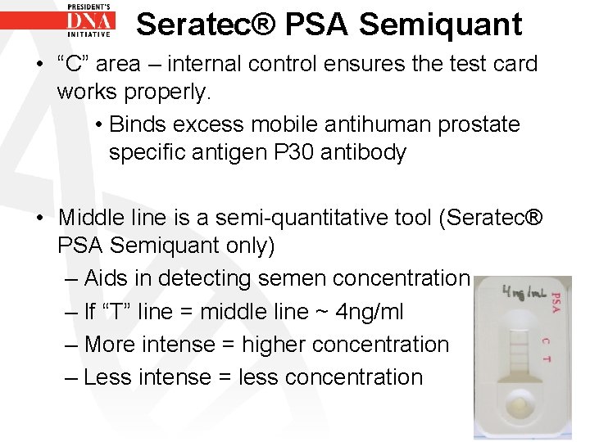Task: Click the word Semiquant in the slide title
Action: tap(440, 25)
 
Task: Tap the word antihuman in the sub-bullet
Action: tap(378, 124)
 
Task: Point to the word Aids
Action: tap(109, 278)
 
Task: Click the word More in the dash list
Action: tap(110, 344)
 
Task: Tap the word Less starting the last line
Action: tap(110, 377)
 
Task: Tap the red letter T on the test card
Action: tap(547, 359)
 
